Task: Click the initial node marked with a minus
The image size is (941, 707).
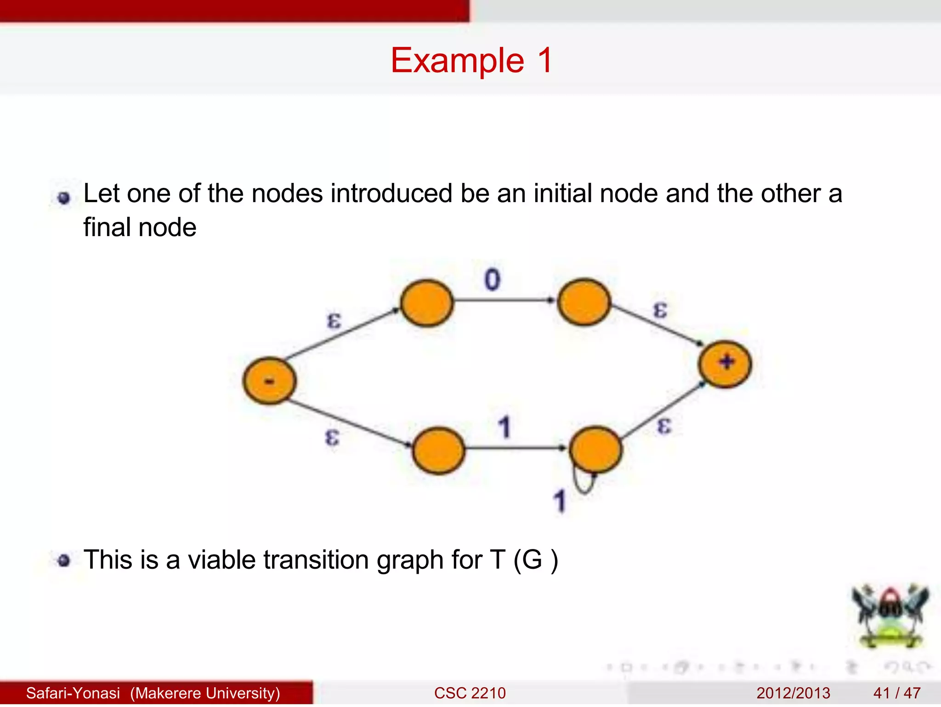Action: [270, 381]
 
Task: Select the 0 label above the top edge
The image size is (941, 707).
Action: [492, 280]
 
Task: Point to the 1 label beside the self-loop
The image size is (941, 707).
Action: [559, 501]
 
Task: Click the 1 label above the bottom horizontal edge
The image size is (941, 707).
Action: [505, 427]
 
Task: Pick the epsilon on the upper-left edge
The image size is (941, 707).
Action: [334, 320]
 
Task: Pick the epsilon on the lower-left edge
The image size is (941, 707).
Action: [332, 436]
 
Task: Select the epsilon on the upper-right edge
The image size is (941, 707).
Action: [660, 310]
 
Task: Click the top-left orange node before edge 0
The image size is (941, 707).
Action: [427, 303]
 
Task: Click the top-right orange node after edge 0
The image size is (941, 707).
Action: [584, 302]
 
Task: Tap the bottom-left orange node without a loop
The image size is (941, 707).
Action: [438, 451]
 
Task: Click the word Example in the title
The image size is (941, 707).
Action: [457, 61]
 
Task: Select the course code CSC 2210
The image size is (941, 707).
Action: [470, 693]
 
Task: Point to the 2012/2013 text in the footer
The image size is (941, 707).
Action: [793, 693]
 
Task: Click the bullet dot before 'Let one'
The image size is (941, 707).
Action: [64, 198]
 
